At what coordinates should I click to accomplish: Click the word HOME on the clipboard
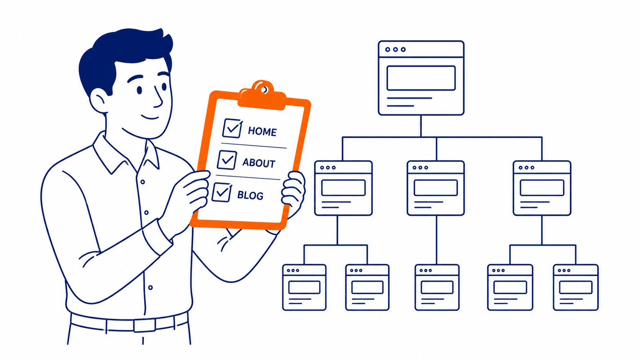point(262,131)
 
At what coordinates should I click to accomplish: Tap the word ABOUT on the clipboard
point(259,163)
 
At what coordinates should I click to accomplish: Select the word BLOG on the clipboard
point(250,195)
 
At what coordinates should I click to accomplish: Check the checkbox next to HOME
point(232,128)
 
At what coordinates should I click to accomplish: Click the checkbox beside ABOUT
point(227,160)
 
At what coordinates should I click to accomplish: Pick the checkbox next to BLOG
point(221,192)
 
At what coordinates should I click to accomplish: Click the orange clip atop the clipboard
point(262,96)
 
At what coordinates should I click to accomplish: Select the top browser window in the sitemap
point(421,78)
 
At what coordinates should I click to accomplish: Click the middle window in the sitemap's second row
point(436,188)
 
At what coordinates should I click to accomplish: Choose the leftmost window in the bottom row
point(304,287)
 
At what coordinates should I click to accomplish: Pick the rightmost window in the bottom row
point(576,287)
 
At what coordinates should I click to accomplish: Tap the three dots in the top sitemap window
point(395,49)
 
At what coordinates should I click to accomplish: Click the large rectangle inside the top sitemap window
point(421,78)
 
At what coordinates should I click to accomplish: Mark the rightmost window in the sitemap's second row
point(542,188)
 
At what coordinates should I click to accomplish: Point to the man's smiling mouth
point(150,117)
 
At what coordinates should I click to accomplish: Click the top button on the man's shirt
point(142,182)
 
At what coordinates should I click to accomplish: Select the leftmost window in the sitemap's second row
point(343,188)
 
